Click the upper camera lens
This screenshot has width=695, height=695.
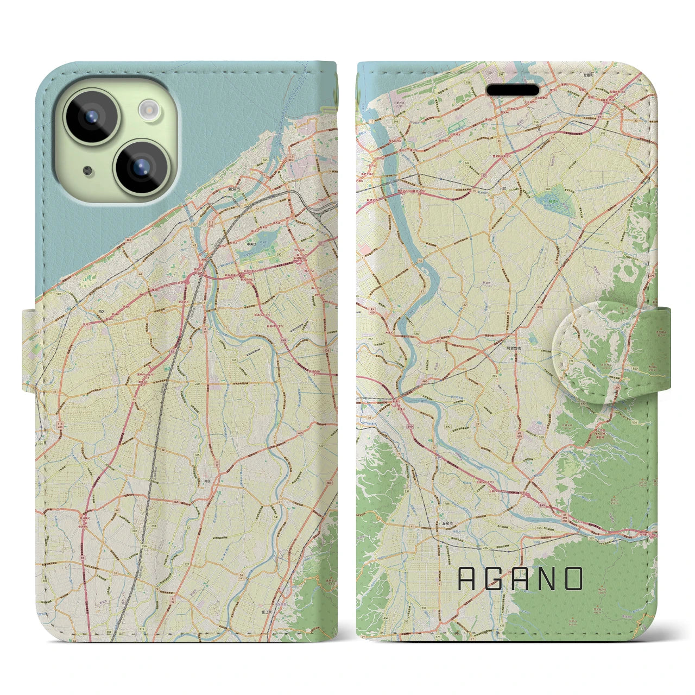coord(92,116)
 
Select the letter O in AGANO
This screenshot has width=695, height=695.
coord(573,579)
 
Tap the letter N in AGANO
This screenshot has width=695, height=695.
coord(547,579)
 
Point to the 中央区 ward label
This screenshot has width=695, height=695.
coord(251,244)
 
